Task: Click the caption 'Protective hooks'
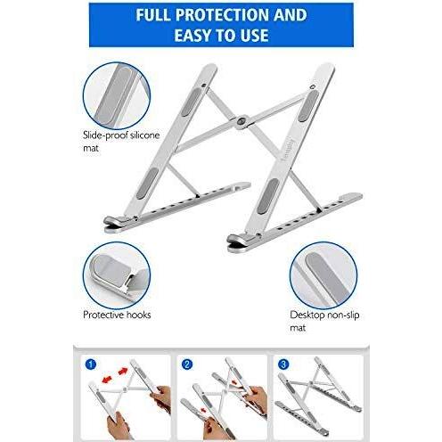[x=117, y=315]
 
